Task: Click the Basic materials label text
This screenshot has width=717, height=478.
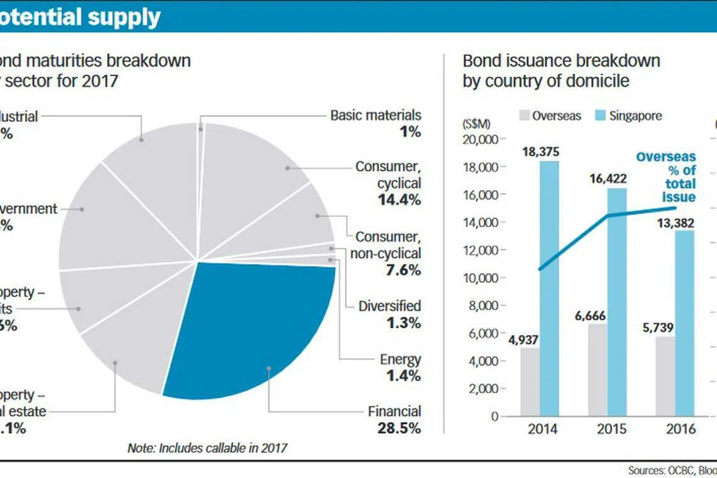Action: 375,115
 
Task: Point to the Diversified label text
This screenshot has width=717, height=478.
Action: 389,306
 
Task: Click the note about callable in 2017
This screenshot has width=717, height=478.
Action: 207,448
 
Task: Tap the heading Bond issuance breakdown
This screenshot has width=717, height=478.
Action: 561,60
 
